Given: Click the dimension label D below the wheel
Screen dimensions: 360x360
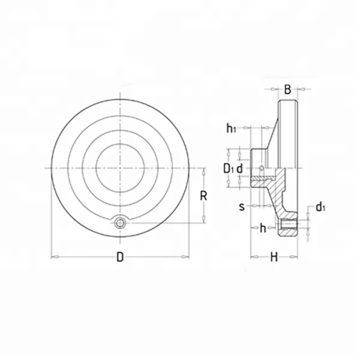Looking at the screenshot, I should coord(120,257).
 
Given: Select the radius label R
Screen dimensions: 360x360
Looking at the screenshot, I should coord(204,196).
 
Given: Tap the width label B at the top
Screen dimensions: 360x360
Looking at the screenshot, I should coord(287,90).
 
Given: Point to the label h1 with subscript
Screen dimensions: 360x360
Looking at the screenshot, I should coord(232,128).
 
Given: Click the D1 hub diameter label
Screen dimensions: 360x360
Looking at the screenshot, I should coord(228,169).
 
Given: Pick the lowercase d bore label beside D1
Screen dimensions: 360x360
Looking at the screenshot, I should coord(239,169).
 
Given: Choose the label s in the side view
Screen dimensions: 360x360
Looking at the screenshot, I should coord(242,206).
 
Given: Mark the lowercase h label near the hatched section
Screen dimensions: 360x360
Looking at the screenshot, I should coord(263,227).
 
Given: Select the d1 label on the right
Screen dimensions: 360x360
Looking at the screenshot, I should coord(321,208).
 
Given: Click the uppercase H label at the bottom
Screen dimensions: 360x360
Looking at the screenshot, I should coord(274,257).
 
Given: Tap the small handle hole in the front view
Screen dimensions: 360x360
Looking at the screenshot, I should coord(121,223).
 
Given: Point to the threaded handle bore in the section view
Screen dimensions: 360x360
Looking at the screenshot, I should coord(289,226).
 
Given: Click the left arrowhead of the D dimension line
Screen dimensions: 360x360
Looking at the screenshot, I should coord(54,257).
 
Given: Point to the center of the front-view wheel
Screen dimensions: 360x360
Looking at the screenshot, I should coord(121,167).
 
